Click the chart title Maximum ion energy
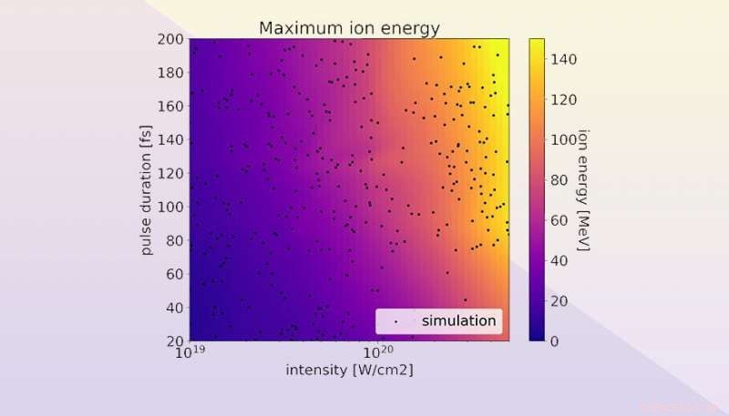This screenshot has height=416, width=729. (x=349, y=27)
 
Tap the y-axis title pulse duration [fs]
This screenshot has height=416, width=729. (x=146, y=189)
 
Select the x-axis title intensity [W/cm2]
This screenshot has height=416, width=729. (x=349, y=370)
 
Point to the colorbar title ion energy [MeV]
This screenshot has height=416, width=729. (x=584, y=189)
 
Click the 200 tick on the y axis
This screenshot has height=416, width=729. (x=170, y=39)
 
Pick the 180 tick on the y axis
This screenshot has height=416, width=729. (x=170, y=73)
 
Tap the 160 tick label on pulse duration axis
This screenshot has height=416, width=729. (x=170, y=107)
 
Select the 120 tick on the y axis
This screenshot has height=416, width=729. (x=170, y=173)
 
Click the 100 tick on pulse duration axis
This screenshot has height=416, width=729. (x=170, y=207)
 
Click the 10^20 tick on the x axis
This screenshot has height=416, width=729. (x=376, y=351)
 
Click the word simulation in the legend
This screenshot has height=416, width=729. (x=458, y=320)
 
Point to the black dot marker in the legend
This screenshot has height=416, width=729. (x=395, y=321)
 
